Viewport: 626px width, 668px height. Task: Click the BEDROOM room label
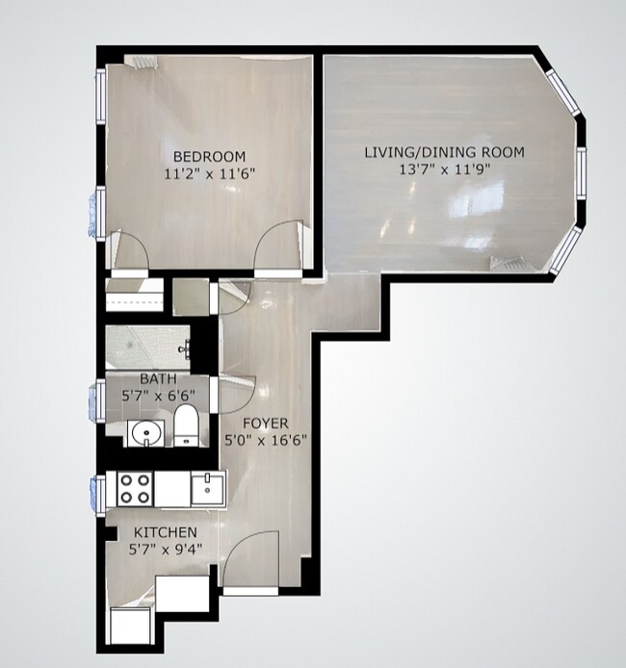pos(208,156)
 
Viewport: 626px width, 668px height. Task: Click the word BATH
pos(157,379)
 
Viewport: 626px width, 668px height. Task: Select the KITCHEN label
pos(165,532)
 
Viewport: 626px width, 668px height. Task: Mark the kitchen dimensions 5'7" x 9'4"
pos(165,550)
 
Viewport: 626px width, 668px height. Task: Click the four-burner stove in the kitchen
pos(134,489)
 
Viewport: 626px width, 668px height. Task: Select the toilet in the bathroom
pos(186,426)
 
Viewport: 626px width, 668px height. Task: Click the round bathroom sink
pos(145,433)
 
